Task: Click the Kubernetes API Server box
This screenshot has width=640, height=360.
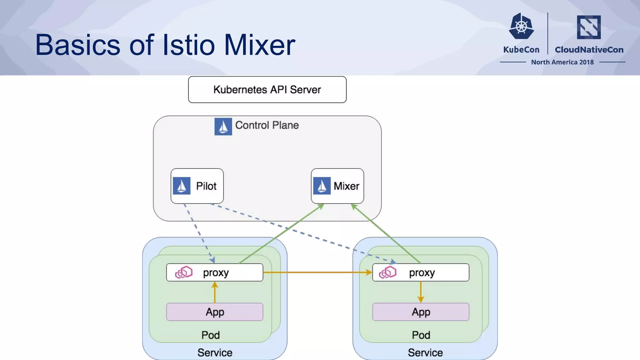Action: (267, 90)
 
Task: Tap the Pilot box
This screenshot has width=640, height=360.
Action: (197, 186)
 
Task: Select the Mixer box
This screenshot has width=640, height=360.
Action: (337, 186)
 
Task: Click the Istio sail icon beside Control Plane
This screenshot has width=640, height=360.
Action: (223, 127)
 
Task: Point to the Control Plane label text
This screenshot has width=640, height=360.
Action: (267, 125)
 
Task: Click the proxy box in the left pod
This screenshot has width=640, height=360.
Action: (215, 272)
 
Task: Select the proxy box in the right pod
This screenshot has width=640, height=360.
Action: (421, 272)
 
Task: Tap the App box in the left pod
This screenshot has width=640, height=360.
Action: (215, 312)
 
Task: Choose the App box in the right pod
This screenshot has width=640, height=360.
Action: (421, 312)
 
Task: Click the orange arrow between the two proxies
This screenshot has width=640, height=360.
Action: (317, 272)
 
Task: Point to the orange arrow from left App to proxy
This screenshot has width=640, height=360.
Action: (215, 292)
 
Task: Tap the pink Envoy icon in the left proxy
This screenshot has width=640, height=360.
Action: (184, 272)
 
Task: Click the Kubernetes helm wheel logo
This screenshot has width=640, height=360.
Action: (521, 26)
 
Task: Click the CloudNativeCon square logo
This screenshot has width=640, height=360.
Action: (589, 27)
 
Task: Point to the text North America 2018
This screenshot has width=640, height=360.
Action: (562, 62)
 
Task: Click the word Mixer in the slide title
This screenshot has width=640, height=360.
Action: (259, 45)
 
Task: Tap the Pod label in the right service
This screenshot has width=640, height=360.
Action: (421, 335)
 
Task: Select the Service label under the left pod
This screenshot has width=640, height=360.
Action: (215, 352)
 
